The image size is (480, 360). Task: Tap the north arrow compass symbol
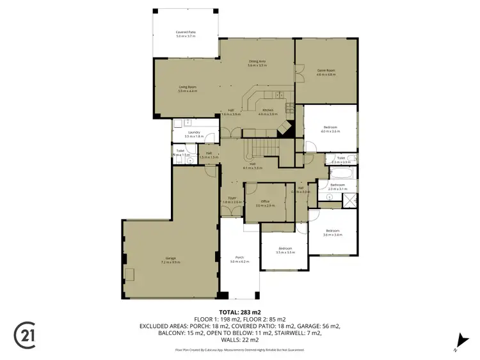(x=458, y=341)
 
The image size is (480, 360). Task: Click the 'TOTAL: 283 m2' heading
(x=240, y=311)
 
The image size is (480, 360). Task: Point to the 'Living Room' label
(x=188, y=88)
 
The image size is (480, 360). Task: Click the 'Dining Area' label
(x=257, y=63)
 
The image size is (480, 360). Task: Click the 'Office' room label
(x=265, y=203)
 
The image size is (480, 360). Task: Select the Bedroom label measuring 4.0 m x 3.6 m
(x=330, y=129)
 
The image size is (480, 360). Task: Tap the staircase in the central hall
(x=264, y=149)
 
